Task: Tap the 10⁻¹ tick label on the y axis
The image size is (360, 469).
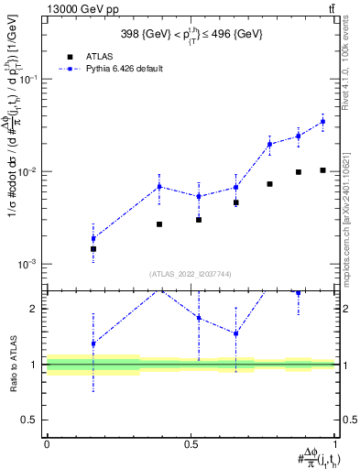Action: click(29, 80)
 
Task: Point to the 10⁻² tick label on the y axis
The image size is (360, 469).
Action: click(29, 172)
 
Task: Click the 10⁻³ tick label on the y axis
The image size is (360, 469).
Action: click(29, 264)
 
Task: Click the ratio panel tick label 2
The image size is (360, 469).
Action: click(35, 309)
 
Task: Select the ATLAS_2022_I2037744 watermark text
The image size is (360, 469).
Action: click(191, 273)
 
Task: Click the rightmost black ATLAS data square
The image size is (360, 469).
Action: click(322, 170)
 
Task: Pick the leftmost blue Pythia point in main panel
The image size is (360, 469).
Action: click(93, 239)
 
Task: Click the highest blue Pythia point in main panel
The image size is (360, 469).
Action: click(322, 121)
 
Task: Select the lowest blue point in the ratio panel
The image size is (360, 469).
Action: click(93, 344)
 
